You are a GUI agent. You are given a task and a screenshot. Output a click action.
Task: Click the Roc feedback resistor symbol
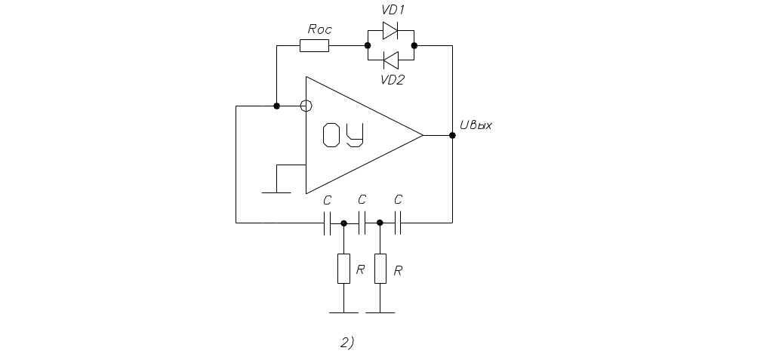coord(314,46)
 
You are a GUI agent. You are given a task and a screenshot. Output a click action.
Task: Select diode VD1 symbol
coord(390,31)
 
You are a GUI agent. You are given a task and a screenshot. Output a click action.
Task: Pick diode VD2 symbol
coord(390,59)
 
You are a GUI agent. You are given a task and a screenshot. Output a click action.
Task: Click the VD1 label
coord(393,11)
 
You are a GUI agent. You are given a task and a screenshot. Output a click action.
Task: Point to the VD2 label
coord(393,79)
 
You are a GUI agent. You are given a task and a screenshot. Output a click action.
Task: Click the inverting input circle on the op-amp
coord(305,106)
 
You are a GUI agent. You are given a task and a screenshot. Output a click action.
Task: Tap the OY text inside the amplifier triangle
coord(343,136)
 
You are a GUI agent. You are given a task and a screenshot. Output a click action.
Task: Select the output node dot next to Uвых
coord(452,136)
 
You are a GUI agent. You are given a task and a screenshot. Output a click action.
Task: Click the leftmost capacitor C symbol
coord(328,223)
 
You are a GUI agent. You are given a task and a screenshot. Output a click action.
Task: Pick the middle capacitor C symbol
coord(362,223)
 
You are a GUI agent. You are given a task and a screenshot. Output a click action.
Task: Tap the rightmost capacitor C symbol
coord(398,223)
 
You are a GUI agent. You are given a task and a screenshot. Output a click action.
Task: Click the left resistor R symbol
coord(343,269)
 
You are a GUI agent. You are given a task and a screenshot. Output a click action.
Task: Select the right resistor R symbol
coord(380,269)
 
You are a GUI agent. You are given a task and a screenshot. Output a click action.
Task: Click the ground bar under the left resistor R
coord(343,312)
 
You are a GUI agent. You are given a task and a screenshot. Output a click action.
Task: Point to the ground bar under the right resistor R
coord(380,312)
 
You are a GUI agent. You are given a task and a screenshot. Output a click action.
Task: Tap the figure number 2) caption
coord(347,343)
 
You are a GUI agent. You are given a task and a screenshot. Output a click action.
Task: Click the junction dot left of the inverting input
coord(277,106)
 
